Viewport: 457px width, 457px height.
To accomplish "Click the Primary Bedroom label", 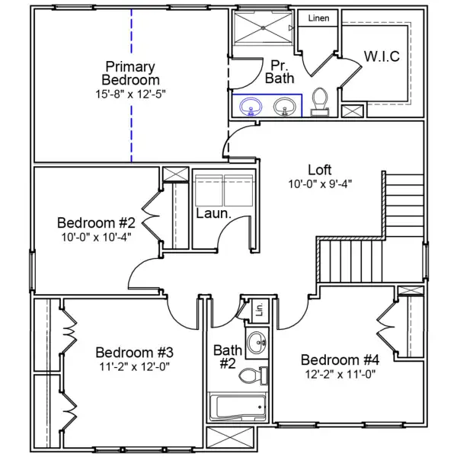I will pyautogui.click(x=131, y=73).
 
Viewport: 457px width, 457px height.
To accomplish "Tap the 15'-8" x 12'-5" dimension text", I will pyautogui.click(x=131, y=94).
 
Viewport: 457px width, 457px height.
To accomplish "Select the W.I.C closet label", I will pyautogui.click(x=382, y=57).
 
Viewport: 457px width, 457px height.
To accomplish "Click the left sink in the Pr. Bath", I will pyautogui.click(x=250, y=107).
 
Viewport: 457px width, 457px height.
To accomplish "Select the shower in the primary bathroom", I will pyautogui.click(x=263, y=29).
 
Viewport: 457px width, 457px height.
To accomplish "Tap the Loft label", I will pyautogui.click(x=319, y=169).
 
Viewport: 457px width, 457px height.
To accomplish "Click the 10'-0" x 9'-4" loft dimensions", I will pyautogui.click(x=319, y=184).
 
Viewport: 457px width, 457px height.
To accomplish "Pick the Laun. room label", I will pyautogui.click(x=213, y=214).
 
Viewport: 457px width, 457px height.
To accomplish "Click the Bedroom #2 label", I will pyautogui.click(x=96, y=223).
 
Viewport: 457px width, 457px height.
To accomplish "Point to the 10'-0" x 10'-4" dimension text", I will pyautogui.click(x=96, y=237).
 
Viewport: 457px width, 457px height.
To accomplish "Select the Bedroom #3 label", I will pyautogui.click(x=135, y=353).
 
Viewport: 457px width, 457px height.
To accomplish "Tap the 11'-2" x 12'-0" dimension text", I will pyautogui.click(x=135, y=366).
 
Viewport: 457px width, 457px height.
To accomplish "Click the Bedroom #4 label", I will pyautogui.click(x=340, y=360).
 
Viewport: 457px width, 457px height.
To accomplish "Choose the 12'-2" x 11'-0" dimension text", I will pyautogui.click(x=340, y=374).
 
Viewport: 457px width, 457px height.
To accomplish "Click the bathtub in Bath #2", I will pyautogui.click(x=238, y=407).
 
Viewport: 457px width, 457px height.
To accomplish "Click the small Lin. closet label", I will pyautogui.click(x=259, y=309).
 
